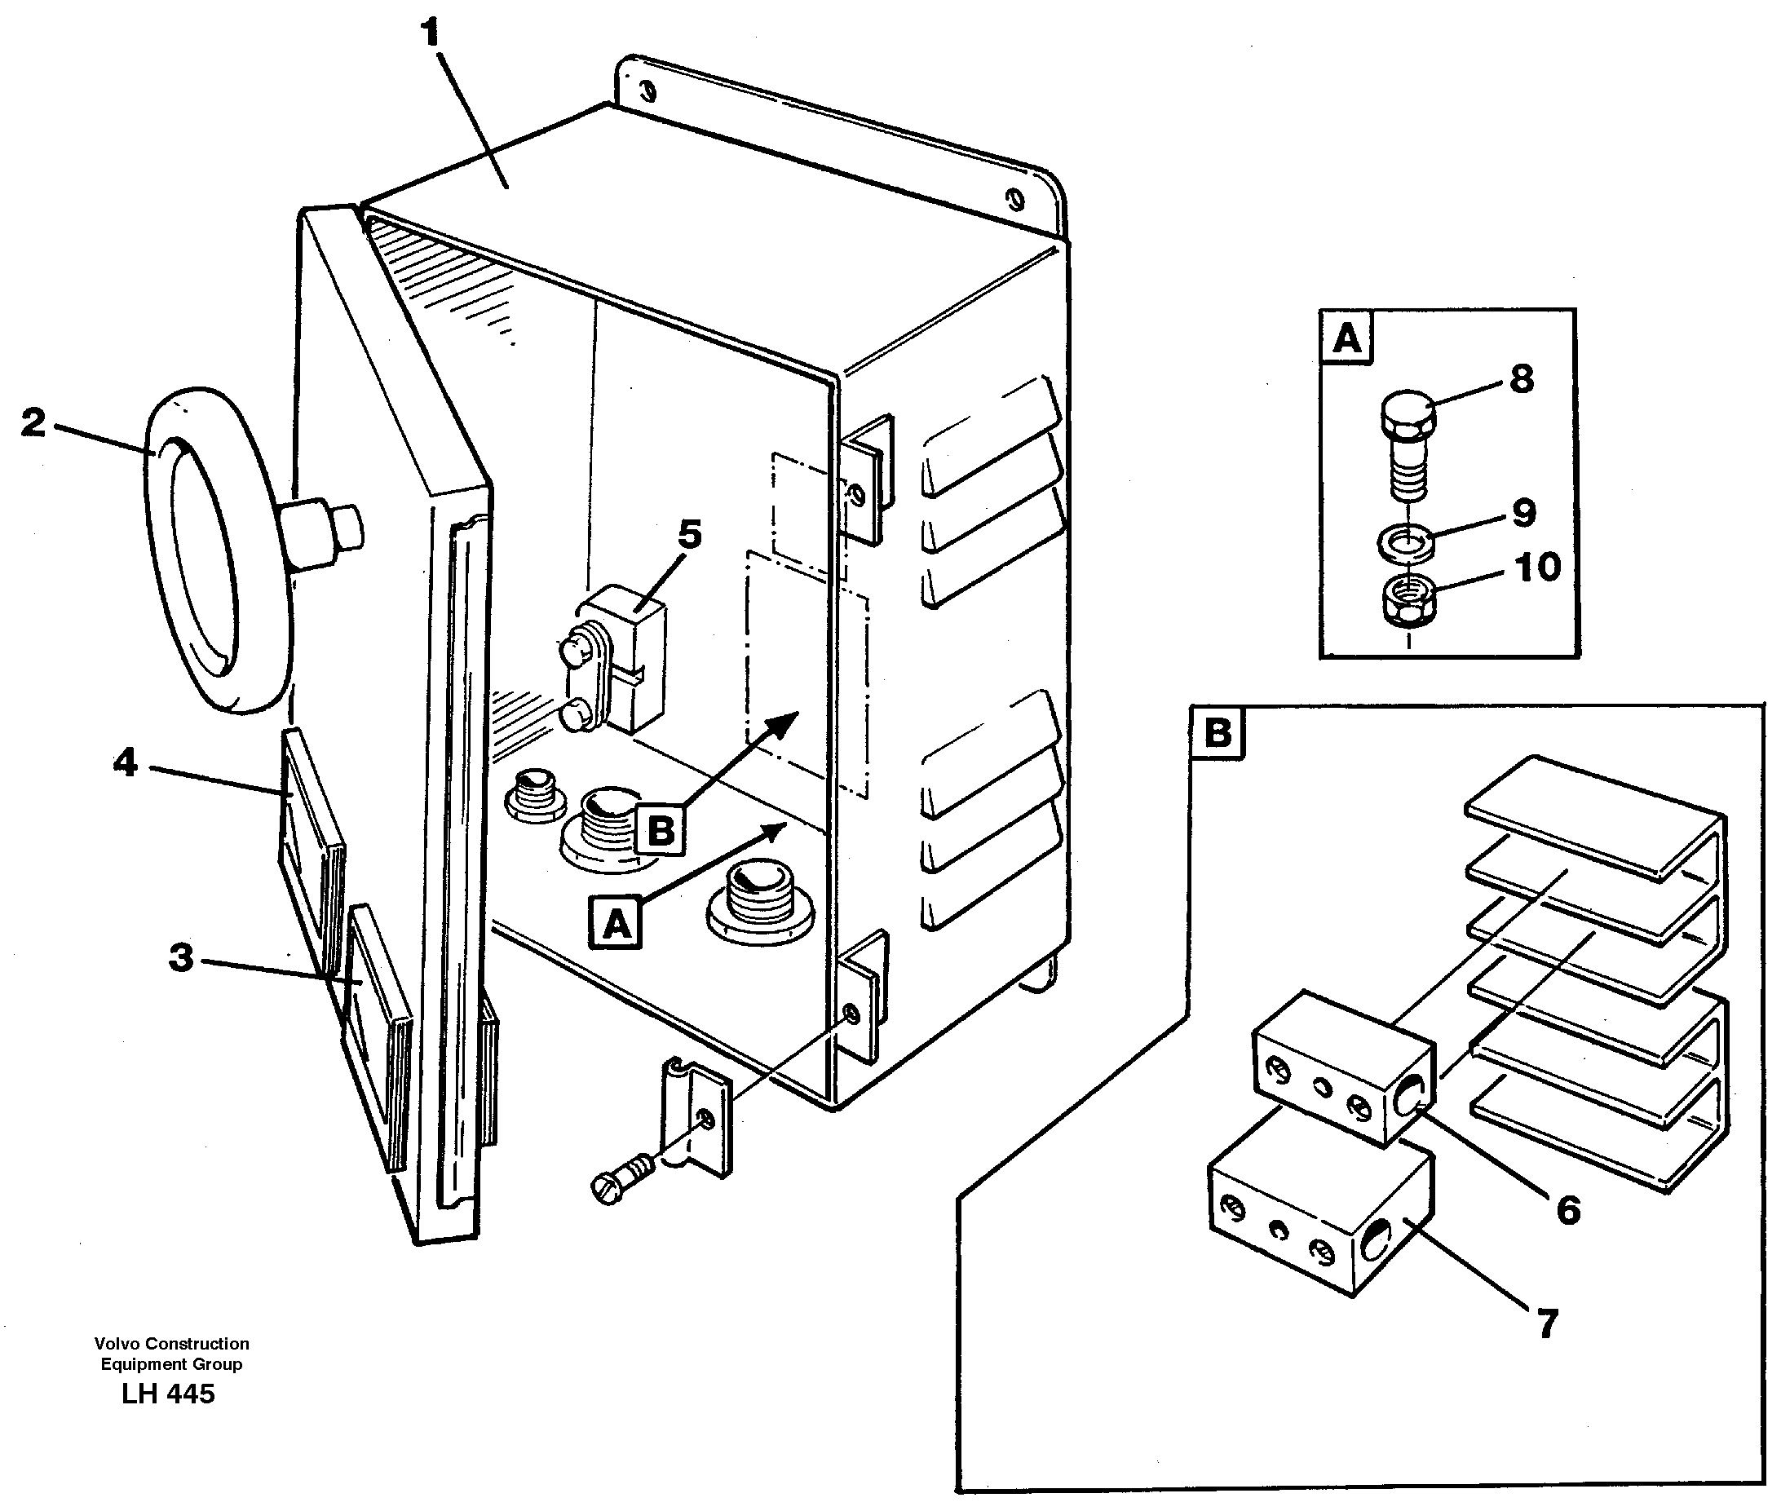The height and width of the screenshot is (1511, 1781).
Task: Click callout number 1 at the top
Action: [x=431, y=33]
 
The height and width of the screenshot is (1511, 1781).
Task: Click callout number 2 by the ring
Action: [x=33, y=423]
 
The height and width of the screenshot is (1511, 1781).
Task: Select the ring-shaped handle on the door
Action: [x=219, y=548]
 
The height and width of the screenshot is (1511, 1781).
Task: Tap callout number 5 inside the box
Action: [x=690, y=534]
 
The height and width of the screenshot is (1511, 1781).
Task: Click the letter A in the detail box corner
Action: [x=1346, y=338]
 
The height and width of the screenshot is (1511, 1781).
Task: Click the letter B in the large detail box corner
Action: [x=1218, y=733]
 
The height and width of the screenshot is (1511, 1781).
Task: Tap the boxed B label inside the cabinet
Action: [x=661, y=830]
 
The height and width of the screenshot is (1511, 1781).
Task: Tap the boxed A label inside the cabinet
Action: [x=616, y=923]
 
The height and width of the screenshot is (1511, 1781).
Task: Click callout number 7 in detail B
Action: [x=1547, y=1323]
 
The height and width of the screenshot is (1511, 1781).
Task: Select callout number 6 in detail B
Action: [x=1567, y=1210]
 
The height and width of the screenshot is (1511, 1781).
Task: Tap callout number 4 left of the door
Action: [x=125, y=762]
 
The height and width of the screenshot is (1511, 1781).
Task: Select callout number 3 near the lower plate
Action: [x=181, y=957]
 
